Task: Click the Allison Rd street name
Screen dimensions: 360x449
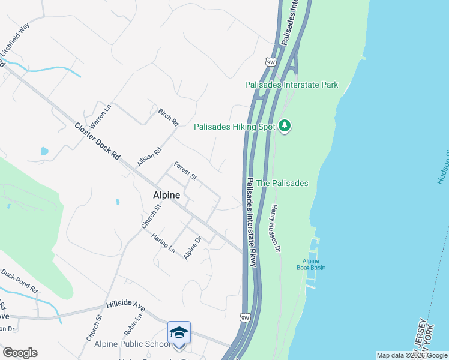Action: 149,157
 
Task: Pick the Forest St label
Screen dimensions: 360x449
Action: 185,170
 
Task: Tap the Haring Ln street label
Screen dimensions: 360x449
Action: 163,243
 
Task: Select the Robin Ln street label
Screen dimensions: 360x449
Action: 133,325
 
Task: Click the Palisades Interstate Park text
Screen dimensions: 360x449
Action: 291,85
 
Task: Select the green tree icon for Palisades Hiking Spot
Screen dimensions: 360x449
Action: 285,126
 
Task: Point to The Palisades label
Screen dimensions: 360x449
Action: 282,183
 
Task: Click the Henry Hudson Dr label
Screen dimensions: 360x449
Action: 276,228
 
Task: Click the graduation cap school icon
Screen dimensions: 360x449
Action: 179,332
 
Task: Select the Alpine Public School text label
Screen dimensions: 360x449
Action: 132,344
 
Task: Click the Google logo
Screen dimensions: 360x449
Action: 20,352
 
